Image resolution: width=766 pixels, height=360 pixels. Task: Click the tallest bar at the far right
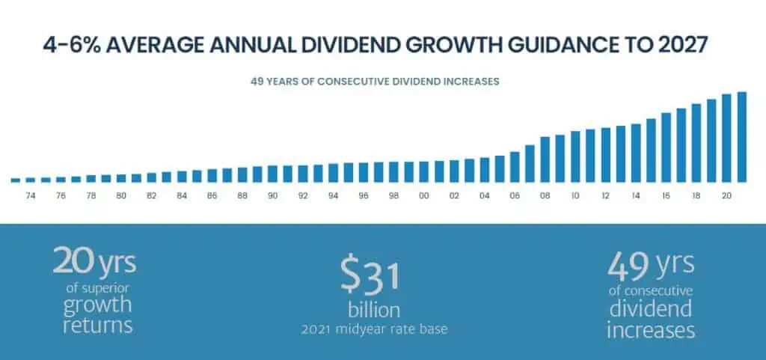tap(742, 137)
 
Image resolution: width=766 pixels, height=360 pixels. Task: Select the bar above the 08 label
tap(545, 159)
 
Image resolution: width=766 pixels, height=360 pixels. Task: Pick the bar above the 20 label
tap(726, 138)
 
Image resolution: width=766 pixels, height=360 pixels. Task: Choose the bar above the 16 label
tap(666, 147)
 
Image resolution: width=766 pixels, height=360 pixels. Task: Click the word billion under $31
tap(373, 310)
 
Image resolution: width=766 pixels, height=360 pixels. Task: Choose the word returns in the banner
tap(97, 325)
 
